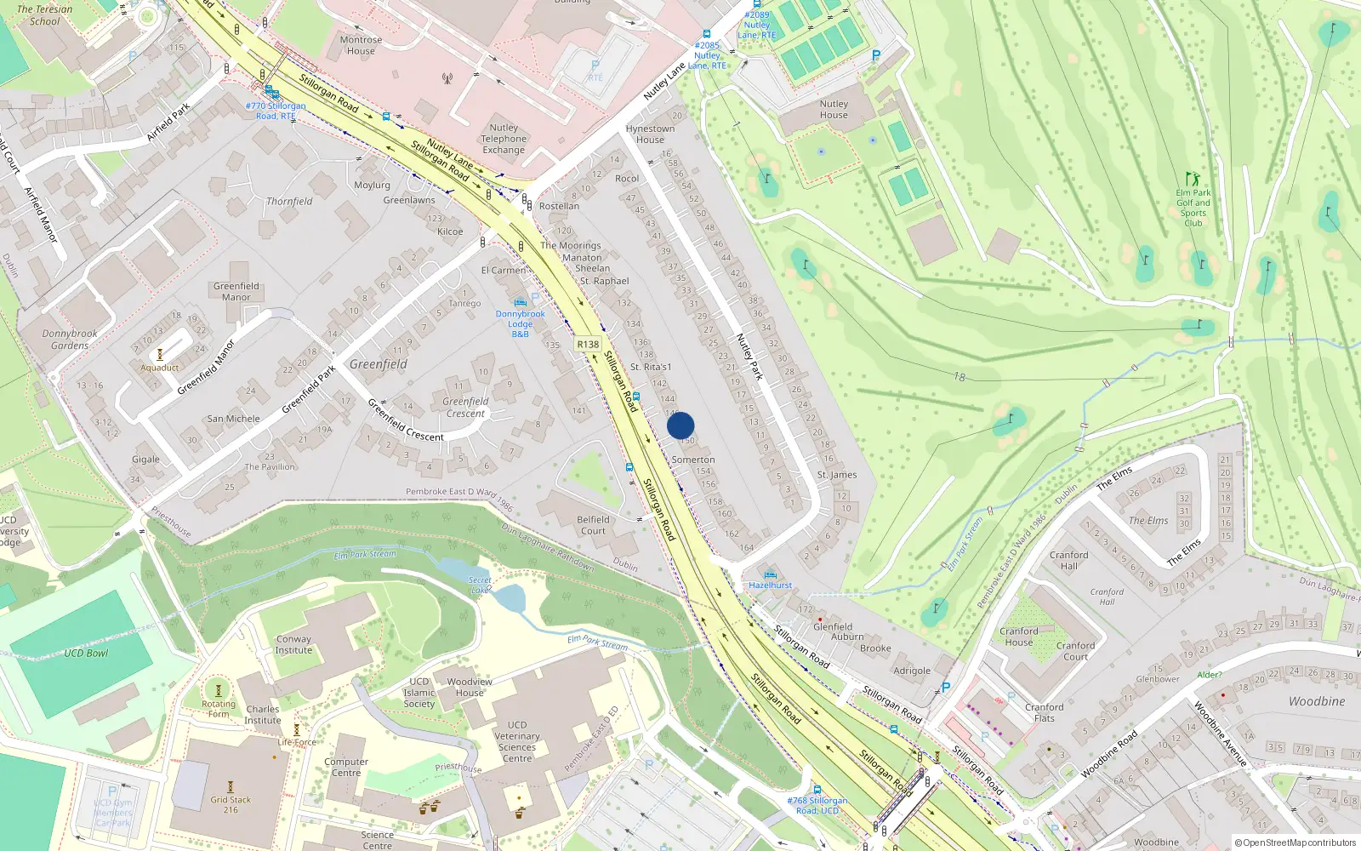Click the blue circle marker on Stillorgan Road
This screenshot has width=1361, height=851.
point(680,425)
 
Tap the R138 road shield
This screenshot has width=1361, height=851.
point(588,345)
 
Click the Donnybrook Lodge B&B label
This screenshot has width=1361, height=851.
point(521,324)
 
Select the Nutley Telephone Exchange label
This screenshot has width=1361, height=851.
point(504,139)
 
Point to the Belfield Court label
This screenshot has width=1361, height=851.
point(593,525)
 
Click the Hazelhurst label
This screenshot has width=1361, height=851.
point(771,585)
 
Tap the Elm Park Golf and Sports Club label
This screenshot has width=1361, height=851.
point(1193,208)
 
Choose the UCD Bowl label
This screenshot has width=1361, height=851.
point(86,654)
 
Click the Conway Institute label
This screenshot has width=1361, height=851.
point(293,644)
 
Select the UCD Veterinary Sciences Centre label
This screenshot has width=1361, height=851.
point(517,741)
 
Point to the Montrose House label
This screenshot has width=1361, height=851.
point(361,45)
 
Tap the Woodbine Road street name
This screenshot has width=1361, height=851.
point(1109,754)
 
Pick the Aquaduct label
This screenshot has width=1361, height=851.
point(160,368)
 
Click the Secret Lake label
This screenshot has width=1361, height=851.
point(480,585)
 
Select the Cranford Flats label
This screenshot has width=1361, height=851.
point(1045,712)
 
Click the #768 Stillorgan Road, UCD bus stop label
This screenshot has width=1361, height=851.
point(817,805)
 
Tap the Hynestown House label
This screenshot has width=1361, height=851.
point(650,134)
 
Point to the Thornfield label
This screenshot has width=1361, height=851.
point(289,202)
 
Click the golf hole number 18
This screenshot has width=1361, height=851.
point(960,377)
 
